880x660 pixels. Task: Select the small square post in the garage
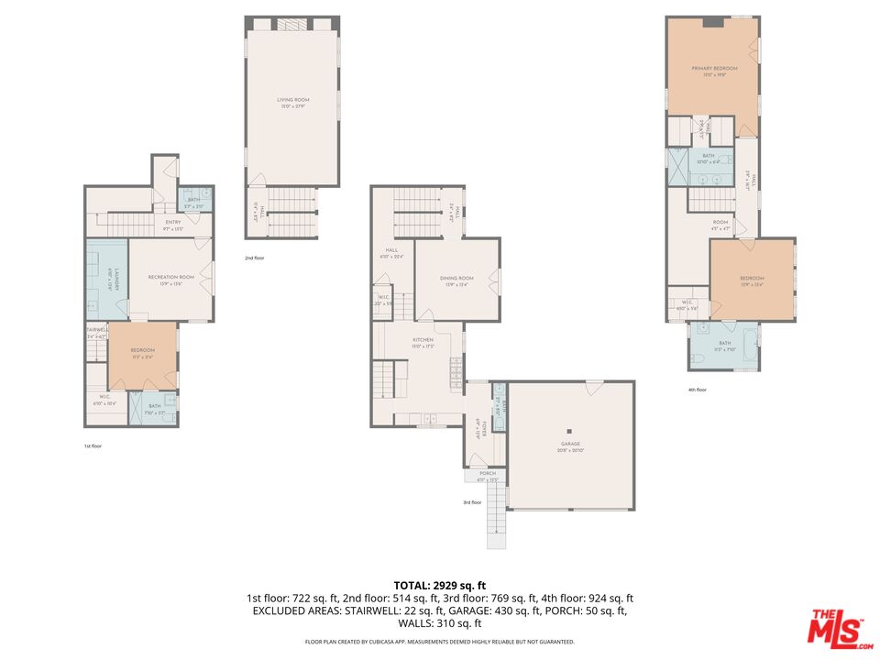point(569,432)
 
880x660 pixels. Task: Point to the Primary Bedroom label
point(713,68)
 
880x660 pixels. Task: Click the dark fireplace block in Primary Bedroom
point(713,23)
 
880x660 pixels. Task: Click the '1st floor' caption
point(92,445)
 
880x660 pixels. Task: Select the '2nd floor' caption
point(256,258)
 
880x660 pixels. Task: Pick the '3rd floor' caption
point(472,502)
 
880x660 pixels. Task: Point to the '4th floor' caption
point(697,390)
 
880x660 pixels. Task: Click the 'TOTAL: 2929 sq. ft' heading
point(439,584)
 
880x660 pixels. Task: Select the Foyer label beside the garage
point(477,428)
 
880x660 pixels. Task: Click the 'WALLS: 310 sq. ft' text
point(439,623)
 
